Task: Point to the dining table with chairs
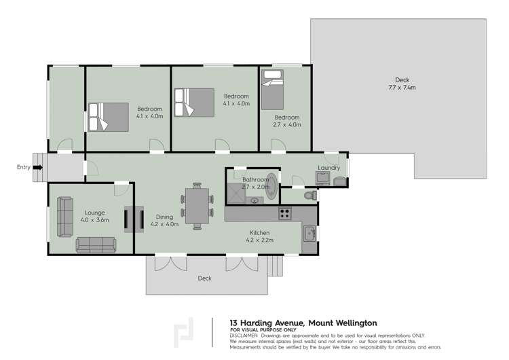click(x=197, y=206)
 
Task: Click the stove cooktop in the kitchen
click(x=285, y=213)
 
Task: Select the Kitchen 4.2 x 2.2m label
click(x=259, y=236)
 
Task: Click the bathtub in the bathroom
click(x=271, y=187)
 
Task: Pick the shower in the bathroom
click(x=237, y=193)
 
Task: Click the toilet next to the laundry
click(x=310, y=195)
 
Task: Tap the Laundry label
click(x=328, y=168)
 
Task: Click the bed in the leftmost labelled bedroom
click(x=107, y=117)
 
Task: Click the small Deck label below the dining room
click(x=204, y=278)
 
